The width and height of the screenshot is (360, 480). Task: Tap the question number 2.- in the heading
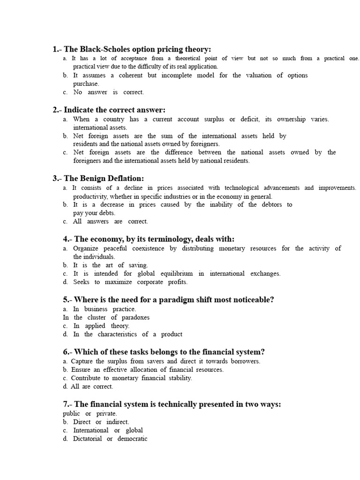pos(57,110)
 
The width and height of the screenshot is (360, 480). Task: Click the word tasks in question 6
pos(135,352)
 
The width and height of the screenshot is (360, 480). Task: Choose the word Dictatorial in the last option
pos(88,439)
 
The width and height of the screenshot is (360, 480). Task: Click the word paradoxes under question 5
pos(134,317)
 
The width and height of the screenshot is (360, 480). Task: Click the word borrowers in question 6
pos(245,361)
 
